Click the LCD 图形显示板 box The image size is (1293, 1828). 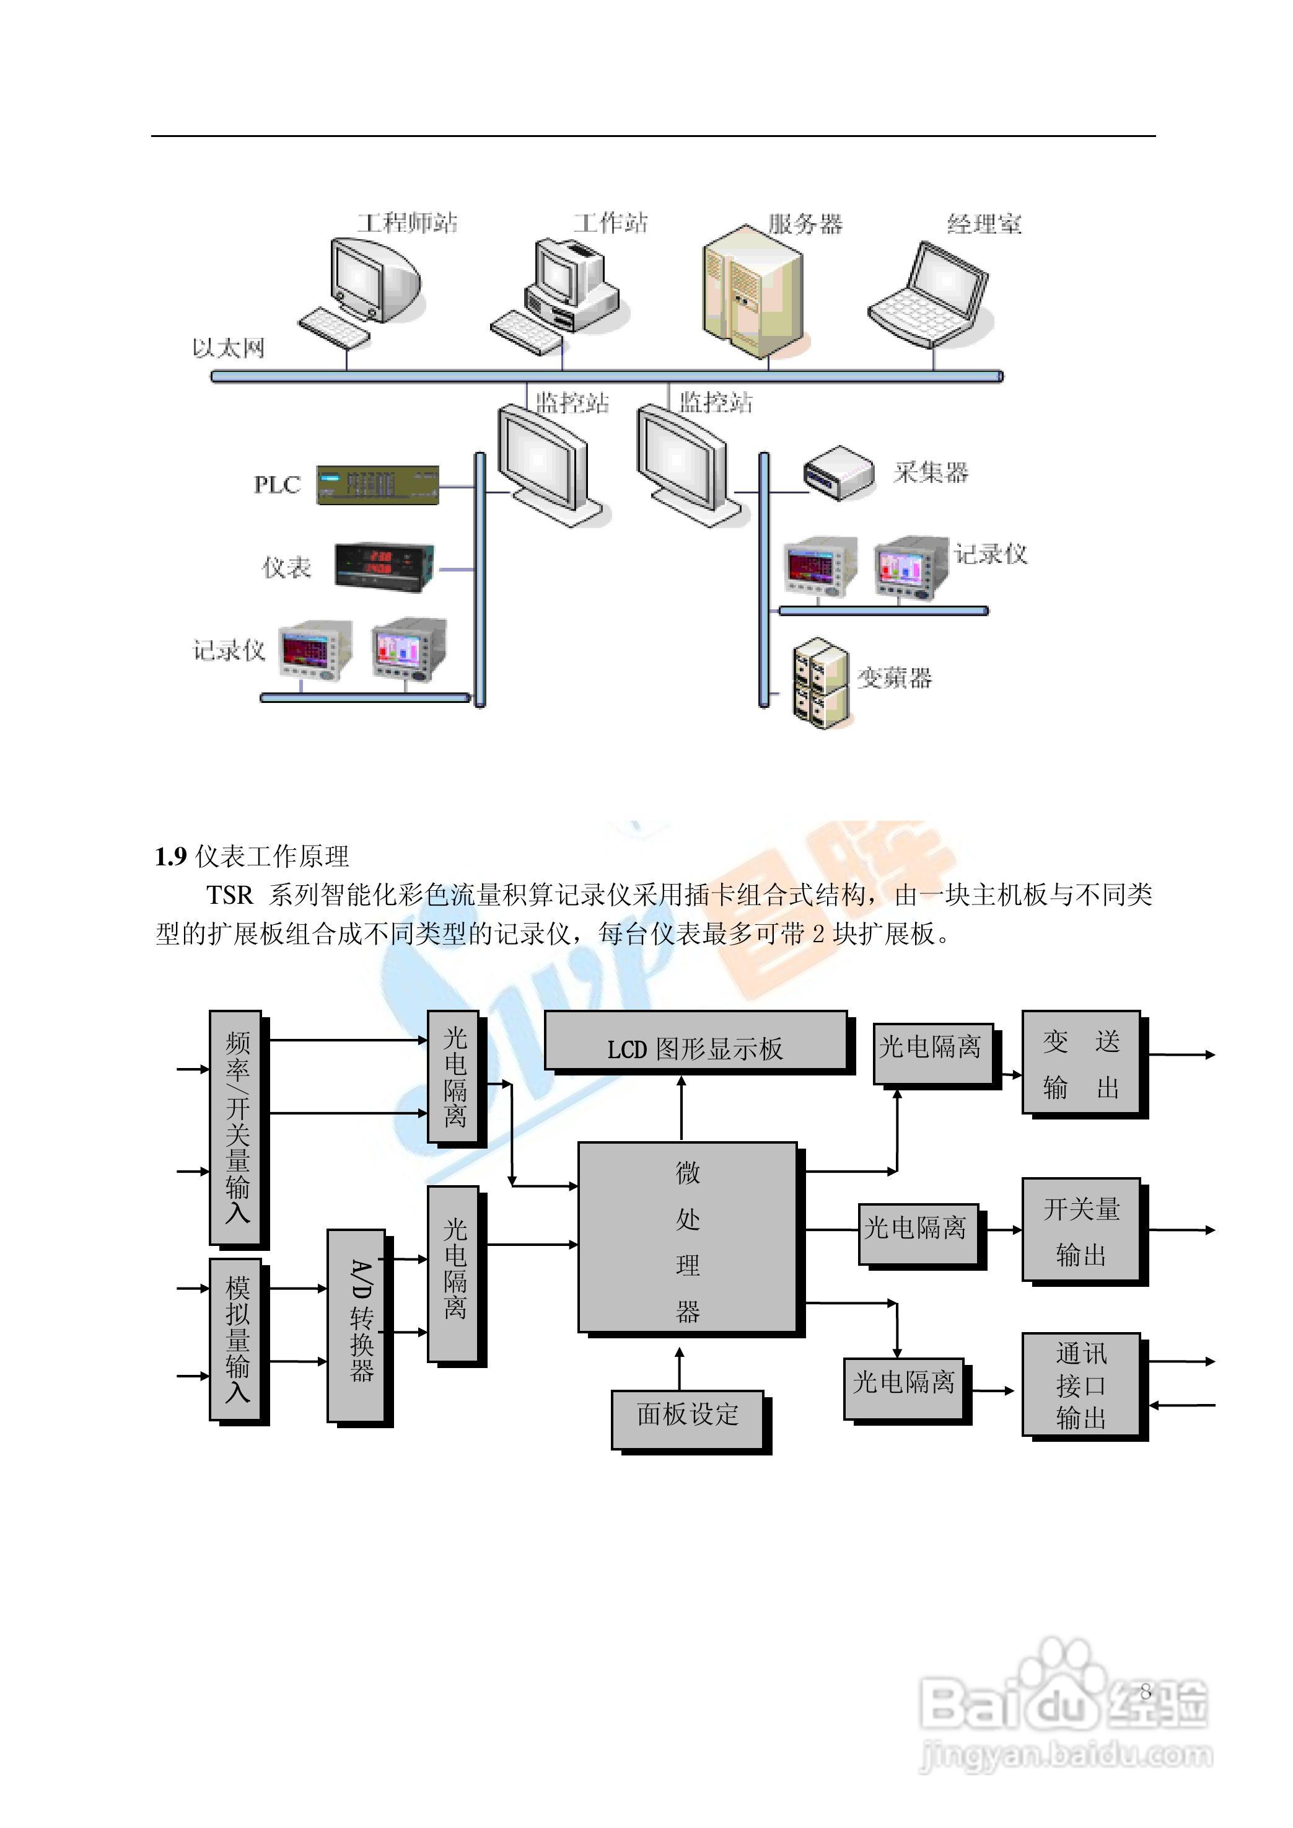pyautogui.click(x=695, y=1041)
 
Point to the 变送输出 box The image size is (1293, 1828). pyautogui.click(x=1080, y=1062)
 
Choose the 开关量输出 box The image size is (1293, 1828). pyautogui.click(x=1080, y=1230)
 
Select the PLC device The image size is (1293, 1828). pyautogui.click(x=377, y=484)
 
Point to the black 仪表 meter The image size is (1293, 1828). pyautogui.click(x=385, y=567)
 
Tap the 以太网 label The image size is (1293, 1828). pyautogui.click(x=228, y=348)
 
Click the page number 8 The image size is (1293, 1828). pyautogui.click(x=1146, y=1691)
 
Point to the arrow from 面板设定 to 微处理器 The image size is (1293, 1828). pyautogui.click(x=679, y=1369)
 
